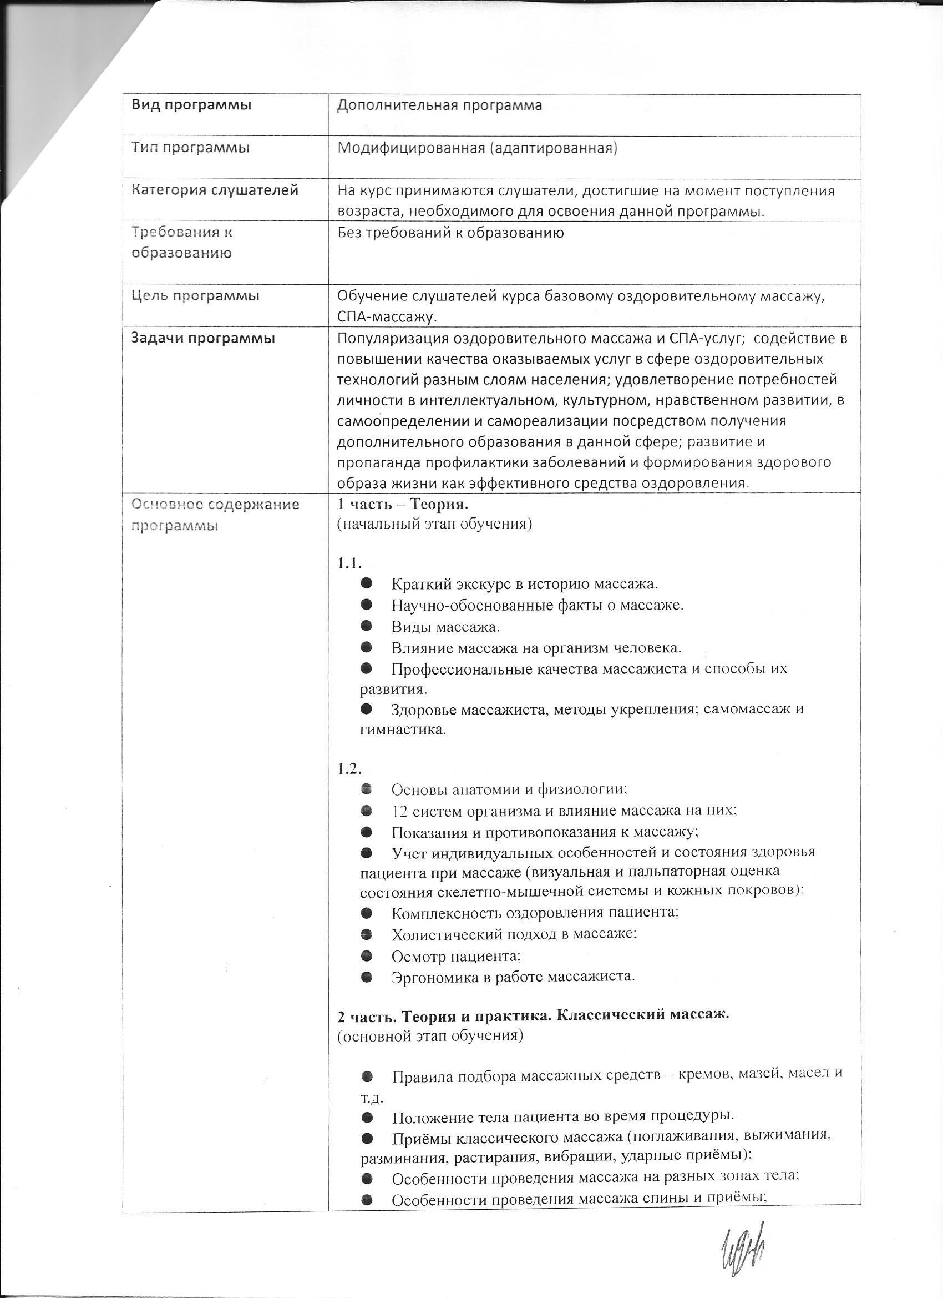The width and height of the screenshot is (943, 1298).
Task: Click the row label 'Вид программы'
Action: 191,106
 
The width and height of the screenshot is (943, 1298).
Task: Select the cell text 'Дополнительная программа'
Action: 439,106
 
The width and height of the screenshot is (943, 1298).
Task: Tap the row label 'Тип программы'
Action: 190,148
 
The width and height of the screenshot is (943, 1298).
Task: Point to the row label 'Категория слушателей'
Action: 215,190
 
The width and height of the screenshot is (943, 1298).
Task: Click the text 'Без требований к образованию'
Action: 450,233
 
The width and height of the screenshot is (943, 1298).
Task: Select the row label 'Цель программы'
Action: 195,296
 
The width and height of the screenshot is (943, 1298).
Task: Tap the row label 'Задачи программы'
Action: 203,338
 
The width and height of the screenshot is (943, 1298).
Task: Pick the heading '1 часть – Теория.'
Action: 403,504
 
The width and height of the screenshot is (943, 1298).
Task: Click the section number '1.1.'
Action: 349,564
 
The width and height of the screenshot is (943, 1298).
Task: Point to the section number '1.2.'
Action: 349,768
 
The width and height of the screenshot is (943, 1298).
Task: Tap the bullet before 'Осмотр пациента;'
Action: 367,955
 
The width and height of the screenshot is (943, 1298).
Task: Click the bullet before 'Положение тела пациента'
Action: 367,1116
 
